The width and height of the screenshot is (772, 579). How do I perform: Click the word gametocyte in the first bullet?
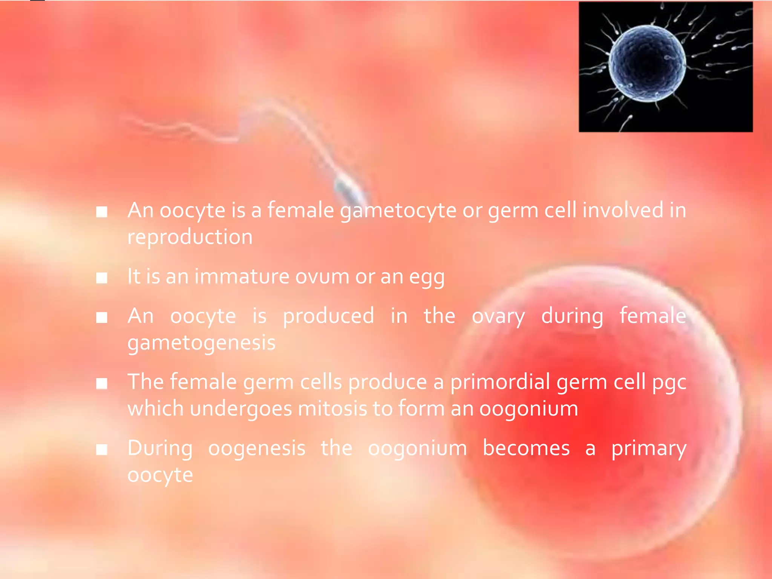398,210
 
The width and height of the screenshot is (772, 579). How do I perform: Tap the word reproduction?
190,237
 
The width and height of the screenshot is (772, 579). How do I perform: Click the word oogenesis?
257,449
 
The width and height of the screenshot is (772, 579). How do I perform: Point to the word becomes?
526,448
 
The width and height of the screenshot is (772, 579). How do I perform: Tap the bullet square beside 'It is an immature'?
102,278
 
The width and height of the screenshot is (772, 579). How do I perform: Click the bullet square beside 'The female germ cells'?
102,384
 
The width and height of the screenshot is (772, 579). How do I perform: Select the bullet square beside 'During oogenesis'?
102,449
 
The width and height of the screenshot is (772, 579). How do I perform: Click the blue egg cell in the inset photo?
647,63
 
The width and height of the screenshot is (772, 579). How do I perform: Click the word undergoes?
241,409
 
